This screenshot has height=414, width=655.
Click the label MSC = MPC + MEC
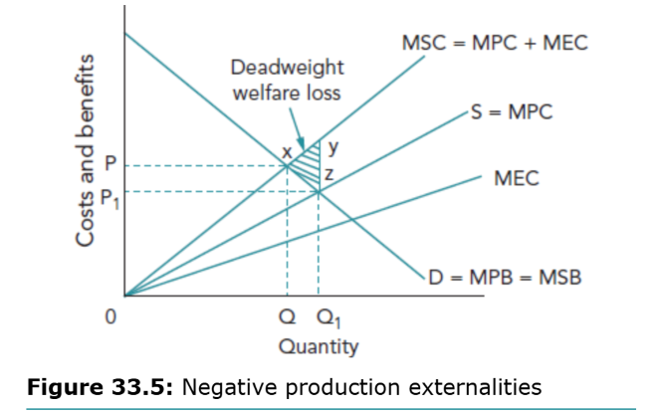tap(494, 43)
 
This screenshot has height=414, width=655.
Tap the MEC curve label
tap(516, 179)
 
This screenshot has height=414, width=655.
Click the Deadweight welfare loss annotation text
tap(287, 80)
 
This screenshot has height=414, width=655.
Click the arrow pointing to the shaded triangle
tap(298, 130)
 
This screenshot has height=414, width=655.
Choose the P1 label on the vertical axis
tap(111, 191)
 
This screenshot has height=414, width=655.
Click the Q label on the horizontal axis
tap(288, 319)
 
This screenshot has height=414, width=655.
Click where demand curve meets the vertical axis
tap(125, 34)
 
